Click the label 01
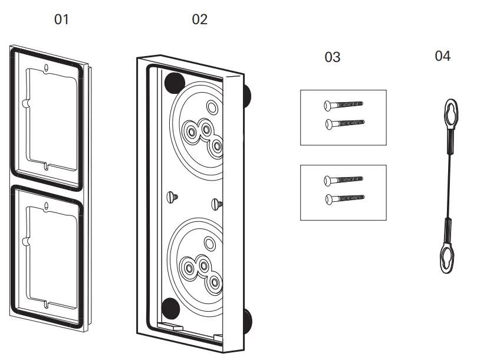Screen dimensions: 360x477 61,19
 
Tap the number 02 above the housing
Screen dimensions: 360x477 200,19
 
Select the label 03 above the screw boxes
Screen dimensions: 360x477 333,57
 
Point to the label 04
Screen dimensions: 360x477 442,56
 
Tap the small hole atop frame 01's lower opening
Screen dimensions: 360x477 47,206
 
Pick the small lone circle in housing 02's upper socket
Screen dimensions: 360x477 210,107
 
